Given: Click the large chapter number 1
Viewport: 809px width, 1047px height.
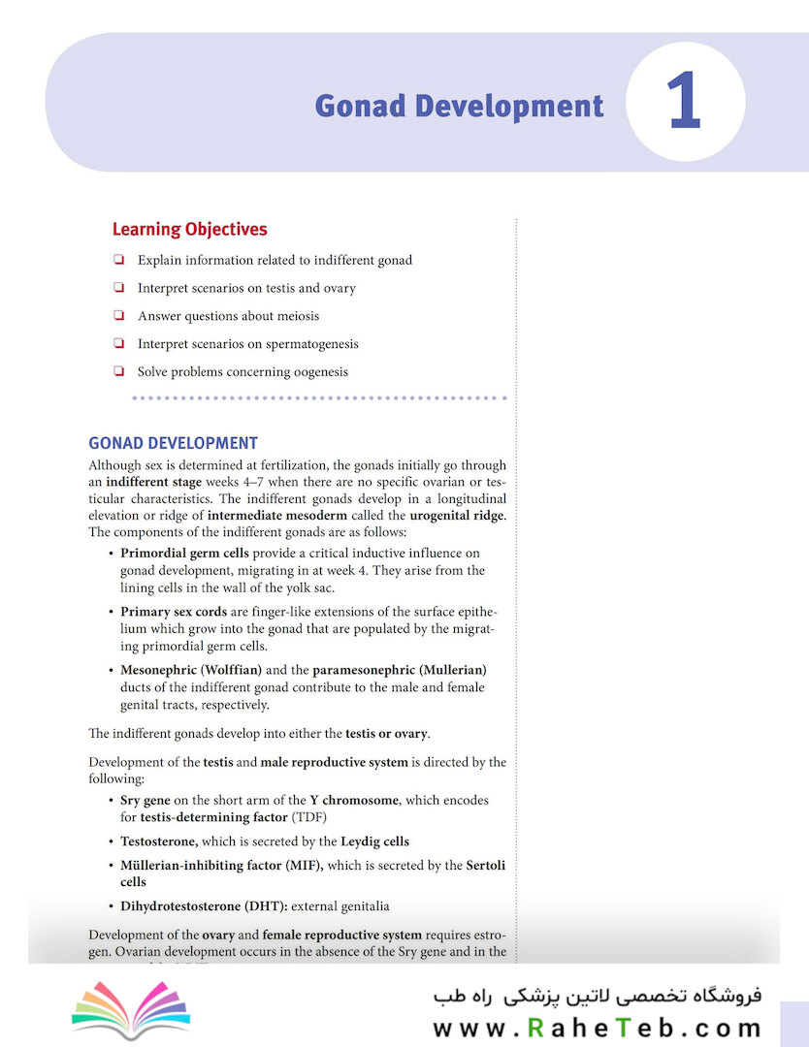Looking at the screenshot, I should pyautogui.click(x=684, y=104).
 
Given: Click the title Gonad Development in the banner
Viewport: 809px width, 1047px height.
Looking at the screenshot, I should pyautogui.click(x=459, y=106).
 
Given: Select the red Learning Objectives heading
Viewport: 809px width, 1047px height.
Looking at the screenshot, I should pyautogui.click(x=189, y=230).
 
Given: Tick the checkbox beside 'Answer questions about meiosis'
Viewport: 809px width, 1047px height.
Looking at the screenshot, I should pyautogui.click(x=118, y=316).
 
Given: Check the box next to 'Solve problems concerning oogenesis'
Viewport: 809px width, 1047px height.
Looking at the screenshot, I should pyautogui.click(x=118, y=371).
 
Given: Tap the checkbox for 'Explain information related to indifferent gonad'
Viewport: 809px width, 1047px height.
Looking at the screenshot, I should pyautogui.click(x=118, y=260).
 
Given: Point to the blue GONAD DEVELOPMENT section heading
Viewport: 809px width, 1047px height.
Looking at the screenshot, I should pyautogui.click(x=173, y=443).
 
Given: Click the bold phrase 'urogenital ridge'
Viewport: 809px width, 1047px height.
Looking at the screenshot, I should pyautogui.click(x=455, y=515).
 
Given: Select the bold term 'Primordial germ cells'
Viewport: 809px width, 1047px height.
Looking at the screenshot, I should pyautogui.click(x=184, y=554).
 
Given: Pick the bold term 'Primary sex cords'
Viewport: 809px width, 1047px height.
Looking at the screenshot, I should pyautogui.click(x=173, y=613).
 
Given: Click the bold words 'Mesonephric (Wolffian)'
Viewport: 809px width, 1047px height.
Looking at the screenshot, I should pyautogui.click(x=190, y=670).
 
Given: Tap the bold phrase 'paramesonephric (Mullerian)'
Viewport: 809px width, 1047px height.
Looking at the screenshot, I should pyautogui.click(x=399, y=670).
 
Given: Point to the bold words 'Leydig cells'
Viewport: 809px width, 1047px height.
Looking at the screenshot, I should pyautogui.click(x=374, y=841).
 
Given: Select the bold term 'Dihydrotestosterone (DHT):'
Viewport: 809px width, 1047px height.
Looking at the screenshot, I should pyautogui.click(x=203, y=906).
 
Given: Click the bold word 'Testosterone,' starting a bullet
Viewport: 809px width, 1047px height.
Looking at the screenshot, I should pyautogui.click(x=159, y=841).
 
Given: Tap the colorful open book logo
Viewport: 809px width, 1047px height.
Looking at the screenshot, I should pyautogui.click(x=131, y=1012).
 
